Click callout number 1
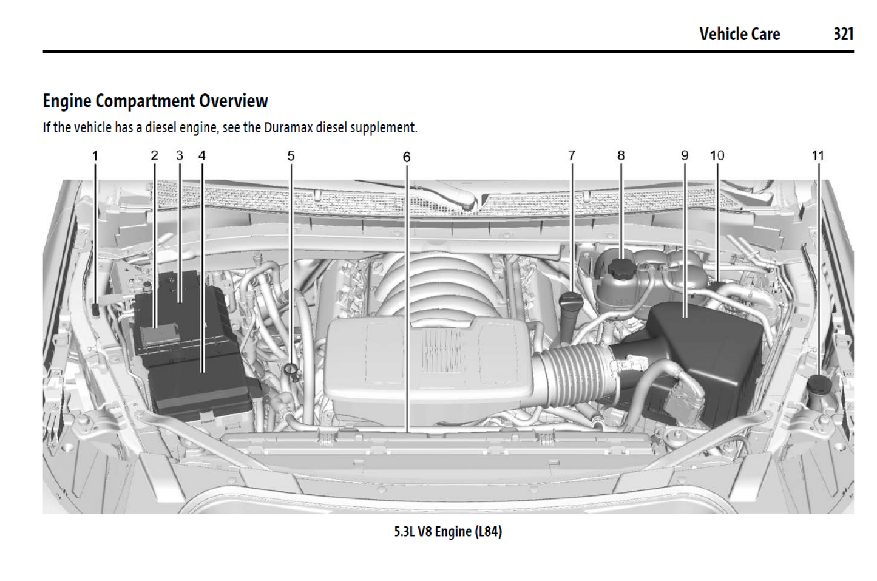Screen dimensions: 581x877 pyautogui.click(x=95, y=156)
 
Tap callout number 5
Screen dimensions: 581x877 pyautogui.click(x=291, y=156)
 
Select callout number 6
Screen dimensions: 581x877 pyautogui.click(x=407, y=157)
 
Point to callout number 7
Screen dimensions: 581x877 pyautogui.click(x=571, y=155)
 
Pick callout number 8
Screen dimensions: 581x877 pyautogui.click(x=621, y=155)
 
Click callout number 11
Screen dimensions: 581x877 pyautogui.click(x=818, y=155)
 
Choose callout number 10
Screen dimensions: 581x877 pyautogui.click(x=717, y=155)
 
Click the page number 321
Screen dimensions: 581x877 pyautogui.click(x=843, y=34)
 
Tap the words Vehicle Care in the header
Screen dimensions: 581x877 pyautogui.click(x=739, y=34)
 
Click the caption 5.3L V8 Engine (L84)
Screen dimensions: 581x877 pyautogui.click(x=448, y=532)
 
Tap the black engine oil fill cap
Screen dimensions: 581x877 pyautogui.click(x=571, y=300)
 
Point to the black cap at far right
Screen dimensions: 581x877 pyautogui.click(x=819, y=384)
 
